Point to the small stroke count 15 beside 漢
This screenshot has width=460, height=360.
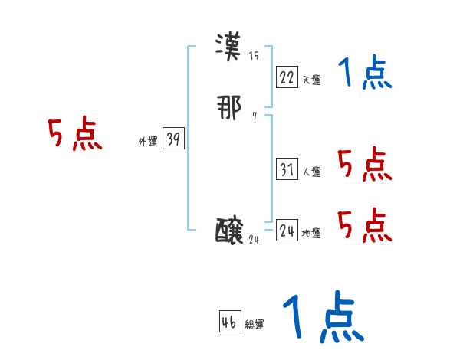click(254, 56)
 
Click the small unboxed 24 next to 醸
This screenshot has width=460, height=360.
click(255, 240)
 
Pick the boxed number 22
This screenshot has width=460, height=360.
click(287, 77)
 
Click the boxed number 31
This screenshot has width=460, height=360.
click(287, 169)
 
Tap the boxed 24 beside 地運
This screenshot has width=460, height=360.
click(287, 231)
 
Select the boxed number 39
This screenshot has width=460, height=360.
click(173, 139)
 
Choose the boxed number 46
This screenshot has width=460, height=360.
click(229, 322)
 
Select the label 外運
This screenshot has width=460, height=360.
click(148, 142)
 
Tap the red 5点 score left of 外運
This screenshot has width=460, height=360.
click(74, 136)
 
